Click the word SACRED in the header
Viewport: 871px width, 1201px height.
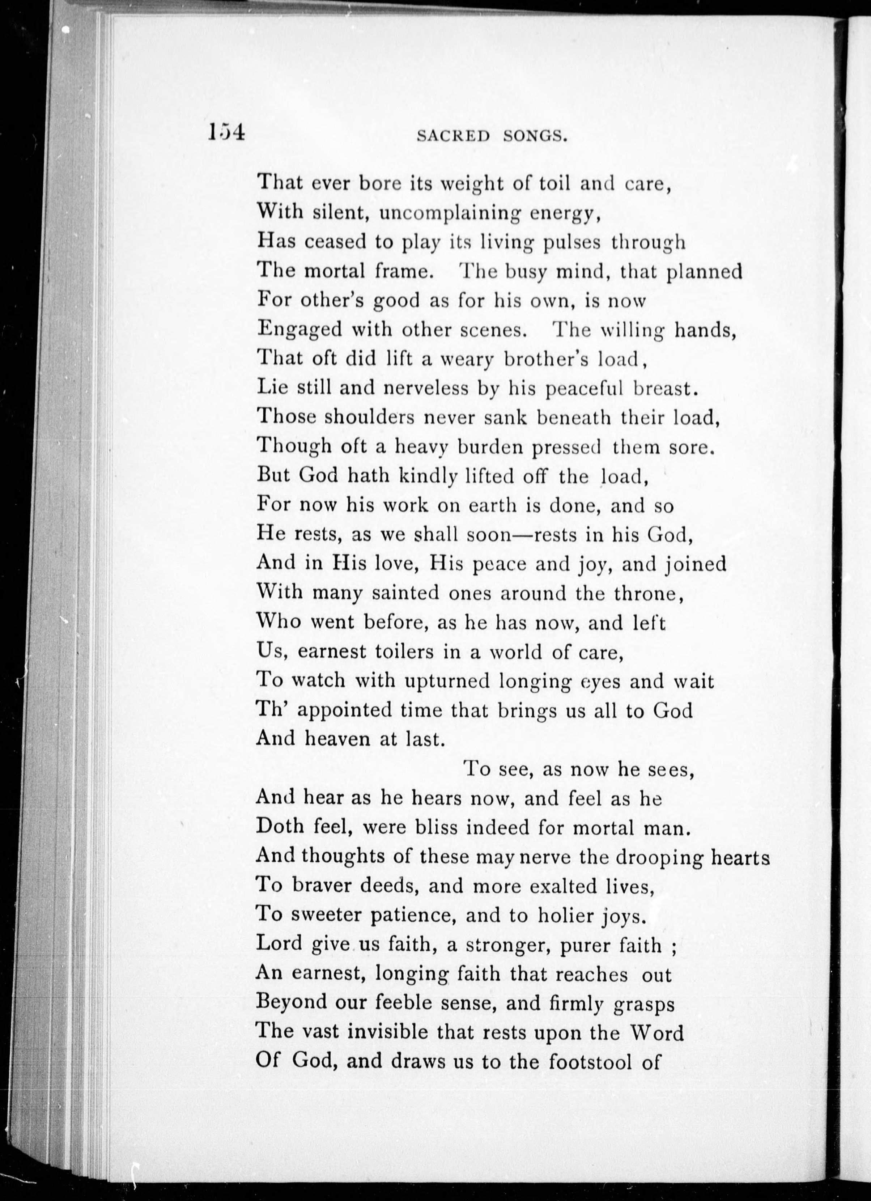pos(453,137)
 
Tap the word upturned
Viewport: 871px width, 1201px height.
pos(447,680)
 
